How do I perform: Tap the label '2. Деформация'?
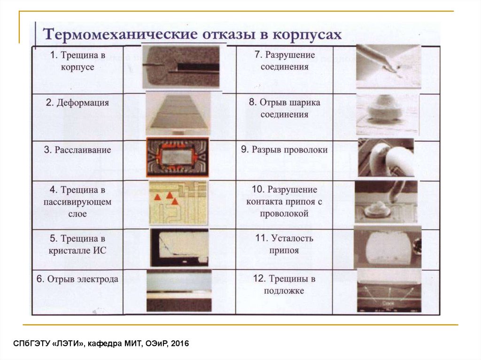[x=78, y=103]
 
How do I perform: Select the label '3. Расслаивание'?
[x=78, y=150]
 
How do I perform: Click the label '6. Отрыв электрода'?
[x=78, y=279]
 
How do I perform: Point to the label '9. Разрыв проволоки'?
[x=284, y=150]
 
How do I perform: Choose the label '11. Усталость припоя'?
[x=284, y=244]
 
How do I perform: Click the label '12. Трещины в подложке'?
[x=284, y=284]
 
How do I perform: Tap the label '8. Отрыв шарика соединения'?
[x=284, y=108]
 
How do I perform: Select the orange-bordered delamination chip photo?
[x=178, y=157]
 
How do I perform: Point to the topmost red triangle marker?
[x=170, y=195]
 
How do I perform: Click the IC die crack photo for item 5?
[x=179, y=247]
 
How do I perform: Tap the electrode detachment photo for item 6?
[x=179, y=291]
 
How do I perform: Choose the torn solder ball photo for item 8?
[x=388, y=115]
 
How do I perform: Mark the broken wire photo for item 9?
[x=386, y=158]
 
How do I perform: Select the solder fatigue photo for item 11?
[x=388, y=248]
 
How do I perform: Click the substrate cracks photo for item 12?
[x=389, y=291]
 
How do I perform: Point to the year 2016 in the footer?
[x=180, y=344]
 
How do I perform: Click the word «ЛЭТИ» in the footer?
[x=69, y=344]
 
